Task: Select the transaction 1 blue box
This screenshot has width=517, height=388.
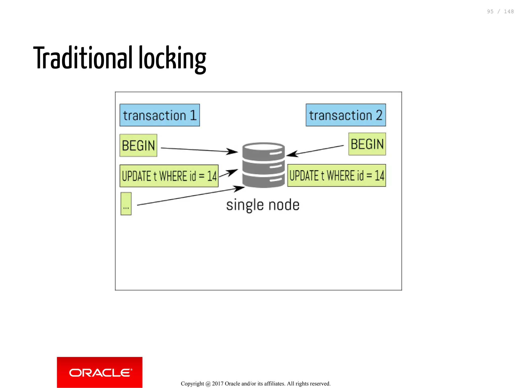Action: click(x=160, y=115)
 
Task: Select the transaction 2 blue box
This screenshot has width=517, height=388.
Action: click(x=346, y=115)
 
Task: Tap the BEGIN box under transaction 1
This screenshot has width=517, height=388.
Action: click(x=138, y=145)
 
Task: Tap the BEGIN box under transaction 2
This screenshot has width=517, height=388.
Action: click(x=367, y=144)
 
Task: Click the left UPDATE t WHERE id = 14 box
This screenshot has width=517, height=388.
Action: click(x=169, y=176)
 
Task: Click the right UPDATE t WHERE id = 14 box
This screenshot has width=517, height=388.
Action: click(x=337, y=175)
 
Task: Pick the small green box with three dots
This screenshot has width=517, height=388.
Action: click(x=126, y=204)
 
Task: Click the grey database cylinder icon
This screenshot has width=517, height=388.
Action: click(x=263, y=165)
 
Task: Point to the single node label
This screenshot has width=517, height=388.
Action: click(x=263, y=205)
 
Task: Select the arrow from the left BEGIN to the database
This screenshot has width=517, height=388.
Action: click(x=199, y=150)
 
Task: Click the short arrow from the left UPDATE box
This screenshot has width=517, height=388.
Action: click(x=228, y=173)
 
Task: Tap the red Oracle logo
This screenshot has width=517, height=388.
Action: click(x=99, y=372)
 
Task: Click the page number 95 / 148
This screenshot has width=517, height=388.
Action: click(x=500, y=12)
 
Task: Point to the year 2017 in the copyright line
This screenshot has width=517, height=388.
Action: click(x=218, y=384)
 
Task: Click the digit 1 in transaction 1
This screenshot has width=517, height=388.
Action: click(x=193, y=115)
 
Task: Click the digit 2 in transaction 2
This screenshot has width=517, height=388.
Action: click(x=379, y=115)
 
